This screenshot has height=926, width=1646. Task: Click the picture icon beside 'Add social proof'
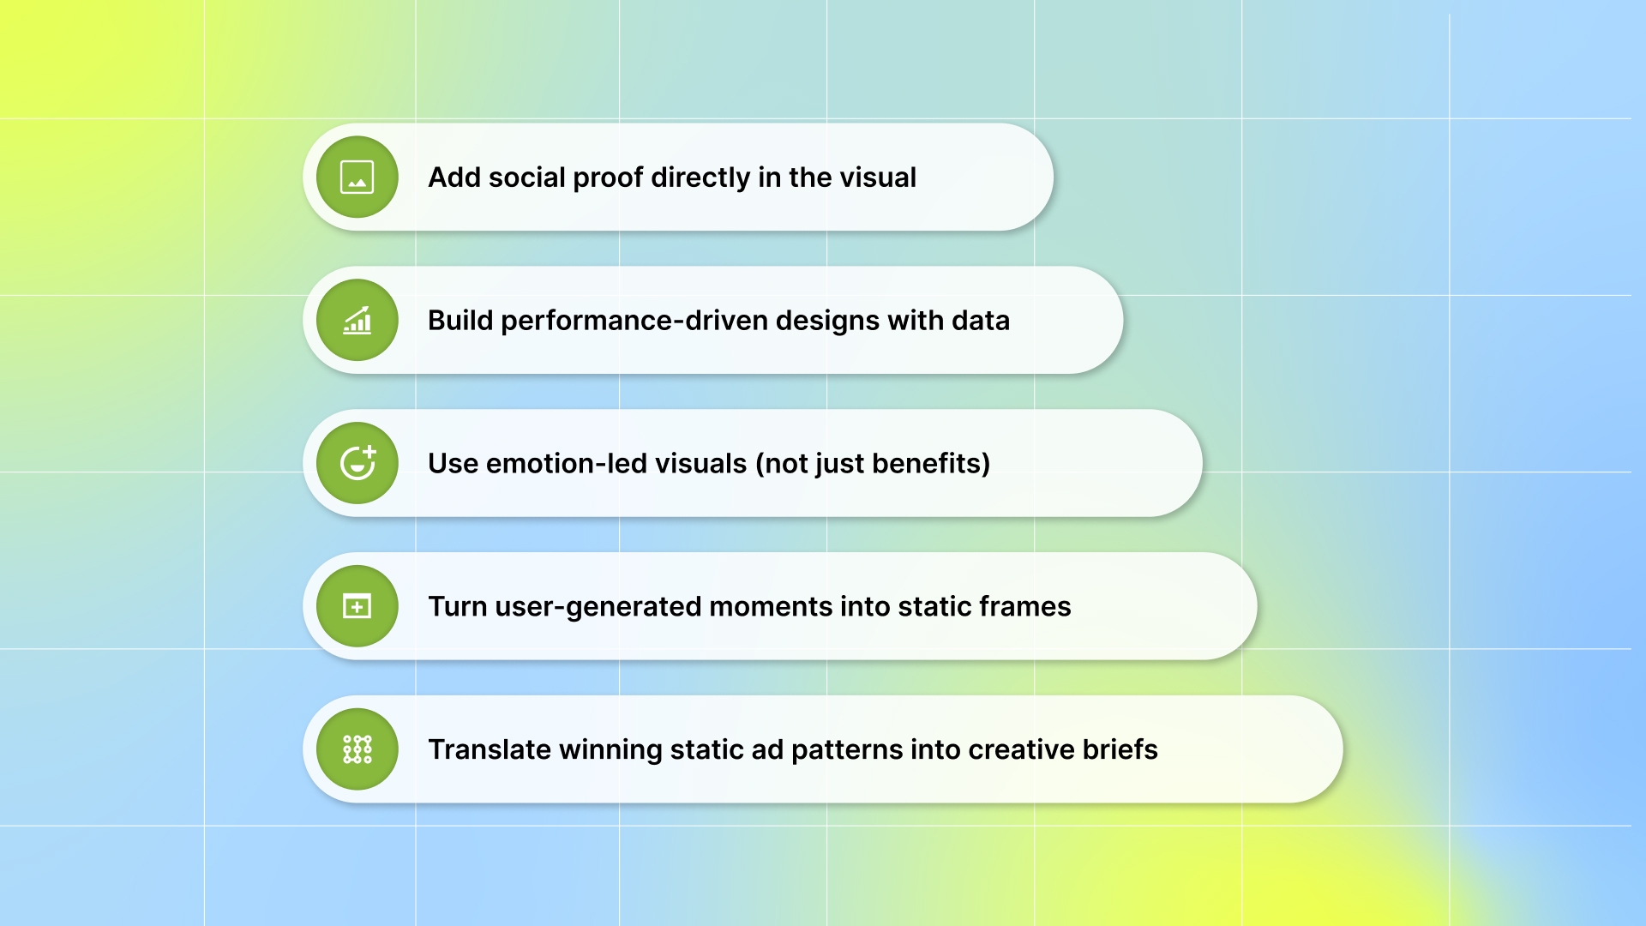(357, 177)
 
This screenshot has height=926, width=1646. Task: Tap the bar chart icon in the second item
(357, 321)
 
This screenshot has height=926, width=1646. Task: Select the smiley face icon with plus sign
(357, 463)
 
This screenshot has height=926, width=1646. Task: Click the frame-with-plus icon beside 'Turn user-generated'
(357, 606)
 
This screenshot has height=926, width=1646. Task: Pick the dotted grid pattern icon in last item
(357, 749)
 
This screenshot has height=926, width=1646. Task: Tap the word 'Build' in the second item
(460, 321)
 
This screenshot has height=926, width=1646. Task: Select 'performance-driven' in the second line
(634, 321)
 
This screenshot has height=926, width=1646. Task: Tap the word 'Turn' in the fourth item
(457, 607)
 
